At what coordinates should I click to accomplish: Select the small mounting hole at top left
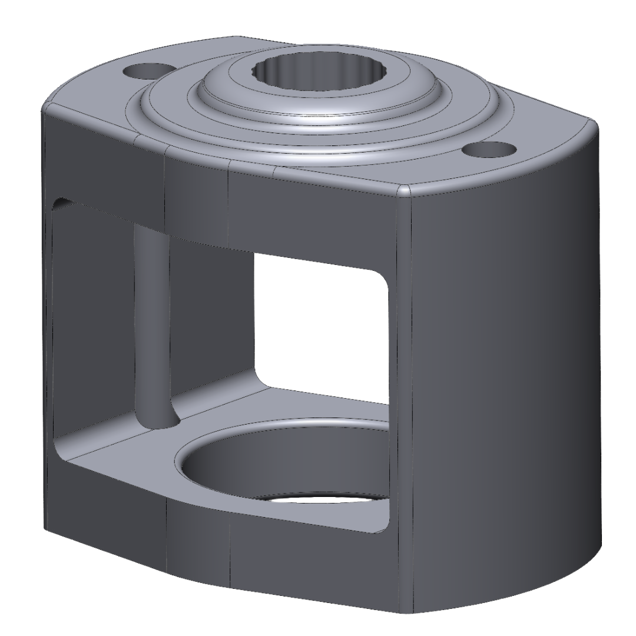[x=141, y=72]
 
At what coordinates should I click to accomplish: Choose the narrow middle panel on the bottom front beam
[x=198, y=542]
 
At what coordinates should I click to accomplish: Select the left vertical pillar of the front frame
[x=47, y=324]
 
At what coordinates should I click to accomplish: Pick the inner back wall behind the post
[x=212, y=306]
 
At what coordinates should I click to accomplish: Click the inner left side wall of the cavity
[x=91, y=318]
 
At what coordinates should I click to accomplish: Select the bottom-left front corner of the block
[x=48, y=530]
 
